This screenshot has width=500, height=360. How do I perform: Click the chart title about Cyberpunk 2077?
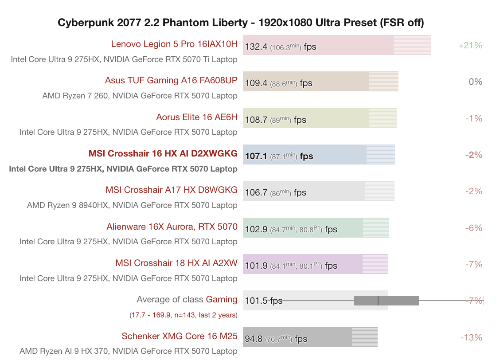pyautogui.click(x=241, y=22)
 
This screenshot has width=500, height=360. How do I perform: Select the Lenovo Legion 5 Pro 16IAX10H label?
pyautogui.click(x=174, y=44)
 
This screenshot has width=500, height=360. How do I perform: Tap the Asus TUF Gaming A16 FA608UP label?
pyautogui.click(x=171, y=81)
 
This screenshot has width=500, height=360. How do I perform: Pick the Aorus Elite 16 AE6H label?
pyautogui.click(x=197, y=117)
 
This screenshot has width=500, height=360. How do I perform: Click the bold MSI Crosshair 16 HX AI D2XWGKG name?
pyautogui.click(x=163, y=154)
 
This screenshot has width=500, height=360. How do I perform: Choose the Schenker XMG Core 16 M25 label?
pyautogui.click(x=180, y=337)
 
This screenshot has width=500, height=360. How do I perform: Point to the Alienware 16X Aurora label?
pyautogui.click(x=172, y=227)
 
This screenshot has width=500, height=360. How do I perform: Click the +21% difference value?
pyautogui.click(x=470, y=45)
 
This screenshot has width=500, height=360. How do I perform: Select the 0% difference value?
pyautogui.click(x=475, y=82)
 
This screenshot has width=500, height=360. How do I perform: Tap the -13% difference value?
pyautogui.click(x=471, y=338)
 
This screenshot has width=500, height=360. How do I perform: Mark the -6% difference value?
pyautogui.click(x=473, y=228)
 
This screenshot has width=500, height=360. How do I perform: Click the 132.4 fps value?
pyautogui.click(x=280, y=47)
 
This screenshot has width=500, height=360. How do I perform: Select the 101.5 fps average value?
pyautogui.click(x=264, y=301)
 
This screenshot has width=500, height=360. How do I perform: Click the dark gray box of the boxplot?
pyautogui.click(x=386, y=301)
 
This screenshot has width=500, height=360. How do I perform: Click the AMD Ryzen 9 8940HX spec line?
pyautogui.click(x=132, y=205)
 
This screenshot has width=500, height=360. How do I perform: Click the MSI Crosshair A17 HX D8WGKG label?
pyautogui.click(x=171, y=190)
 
